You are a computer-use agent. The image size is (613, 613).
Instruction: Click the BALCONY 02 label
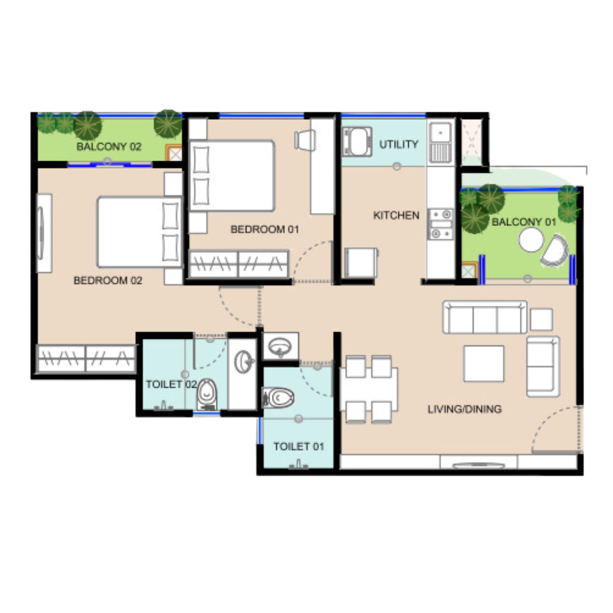108,146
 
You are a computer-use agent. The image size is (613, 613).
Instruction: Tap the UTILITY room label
399,144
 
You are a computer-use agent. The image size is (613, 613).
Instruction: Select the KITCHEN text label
396,216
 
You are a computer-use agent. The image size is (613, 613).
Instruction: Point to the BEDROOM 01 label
264,229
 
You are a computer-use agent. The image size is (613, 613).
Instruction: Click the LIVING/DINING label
464,409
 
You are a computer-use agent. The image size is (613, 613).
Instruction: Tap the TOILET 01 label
299,447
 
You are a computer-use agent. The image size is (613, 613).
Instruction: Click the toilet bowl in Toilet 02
207,394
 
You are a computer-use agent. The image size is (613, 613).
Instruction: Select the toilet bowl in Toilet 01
278,398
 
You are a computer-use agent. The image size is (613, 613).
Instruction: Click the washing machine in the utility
356,141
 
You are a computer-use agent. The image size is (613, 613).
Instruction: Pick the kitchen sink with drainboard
440,142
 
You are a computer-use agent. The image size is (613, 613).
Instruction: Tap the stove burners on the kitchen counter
440,224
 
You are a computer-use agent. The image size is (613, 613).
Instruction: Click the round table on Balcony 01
531,240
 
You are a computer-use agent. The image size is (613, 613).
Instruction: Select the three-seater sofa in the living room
484,317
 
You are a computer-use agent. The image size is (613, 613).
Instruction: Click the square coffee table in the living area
484,363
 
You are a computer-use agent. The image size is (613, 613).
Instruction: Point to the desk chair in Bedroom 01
305,140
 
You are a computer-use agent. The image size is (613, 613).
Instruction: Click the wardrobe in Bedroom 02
86,358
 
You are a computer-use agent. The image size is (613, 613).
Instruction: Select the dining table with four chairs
369,389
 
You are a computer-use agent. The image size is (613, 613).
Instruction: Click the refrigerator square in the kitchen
360,263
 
